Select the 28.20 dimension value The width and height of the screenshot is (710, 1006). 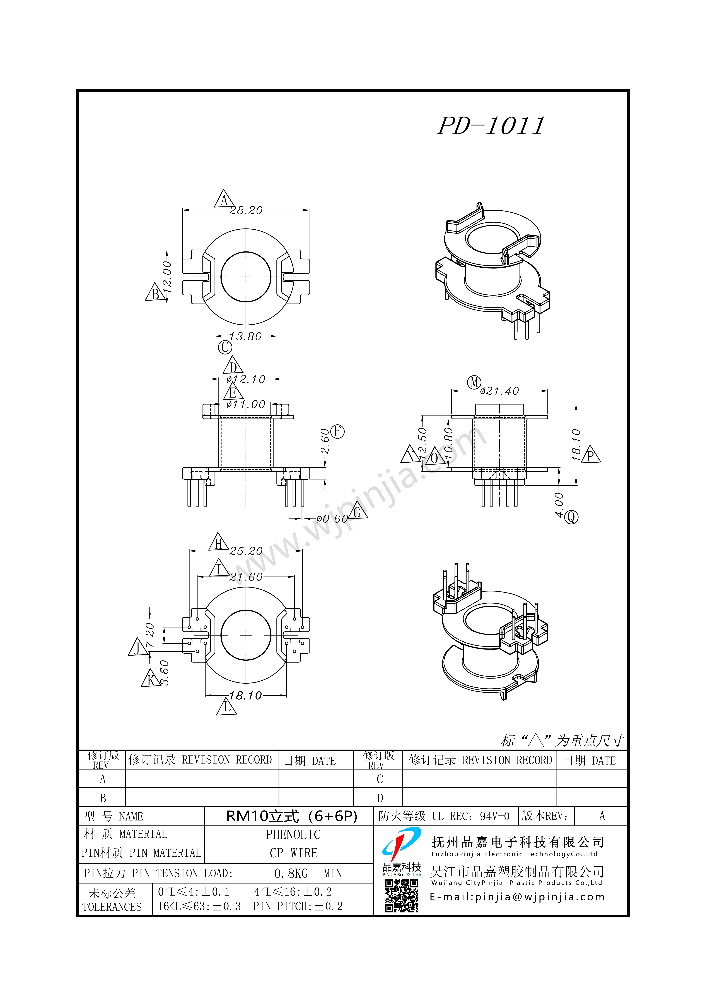pyautogui.click(x=246, y=211)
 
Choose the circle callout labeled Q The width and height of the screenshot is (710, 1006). pyautogui.click(x=571, y=517)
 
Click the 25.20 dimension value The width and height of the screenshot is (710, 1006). pyautogui.click(x=246, y=551)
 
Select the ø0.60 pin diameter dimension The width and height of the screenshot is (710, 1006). pyautogui.click(x=332, y=519)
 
